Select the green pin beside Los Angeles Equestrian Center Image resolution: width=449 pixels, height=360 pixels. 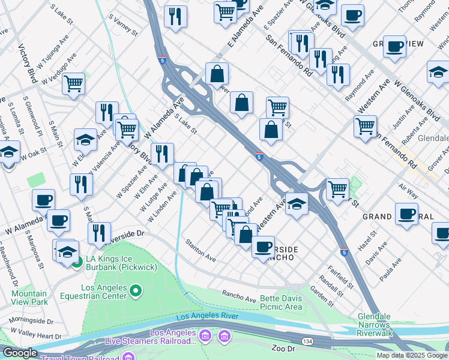136,292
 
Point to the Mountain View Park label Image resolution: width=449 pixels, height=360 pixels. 29,298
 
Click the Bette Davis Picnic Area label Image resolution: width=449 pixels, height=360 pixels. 280,302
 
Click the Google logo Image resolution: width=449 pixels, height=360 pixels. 20,353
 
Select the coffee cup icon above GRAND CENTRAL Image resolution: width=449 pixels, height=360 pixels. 406,214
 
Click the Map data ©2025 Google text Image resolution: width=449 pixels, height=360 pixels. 412,355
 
